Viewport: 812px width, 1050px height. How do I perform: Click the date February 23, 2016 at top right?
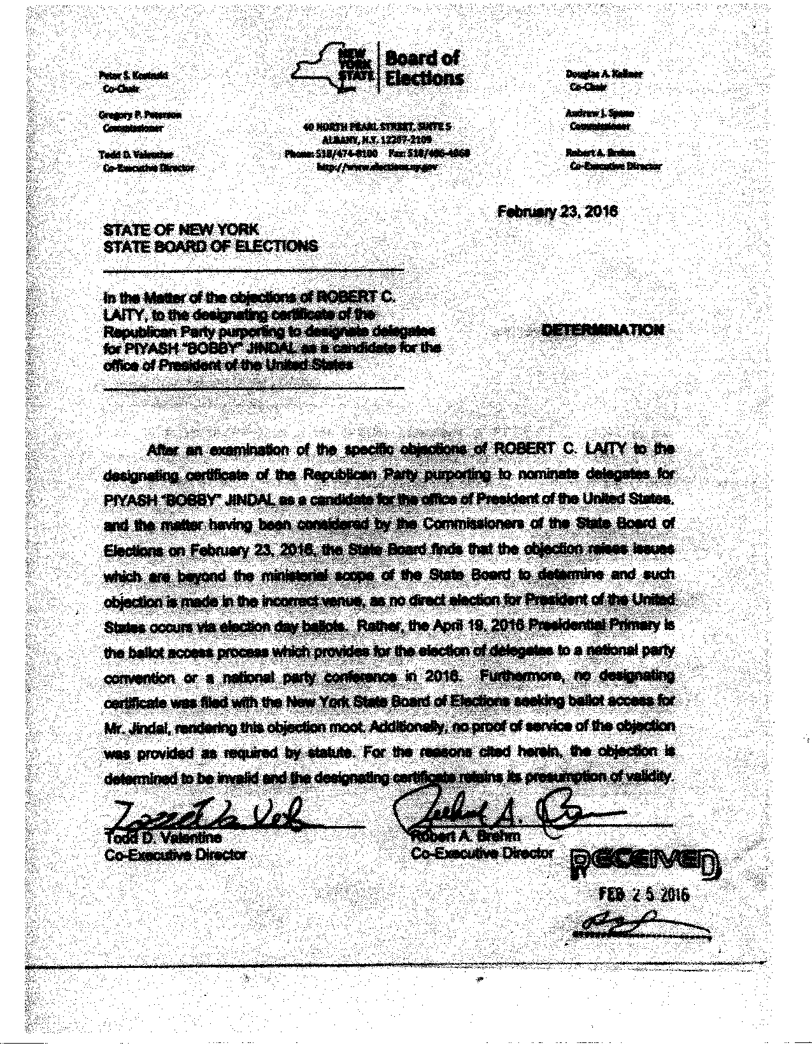click(x=557, y=211)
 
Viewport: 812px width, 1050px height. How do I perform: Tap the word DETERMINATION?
click(x=602, y=330)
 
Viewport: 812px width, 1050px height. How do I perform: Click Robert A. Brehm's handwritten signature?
click(x=503, y=810)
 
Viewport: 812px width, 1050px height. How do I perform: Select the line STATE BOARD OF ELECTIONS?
click(x=210, y=246)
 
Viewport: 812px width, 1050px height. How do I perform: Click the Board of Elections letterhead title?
click(x=423, y=68)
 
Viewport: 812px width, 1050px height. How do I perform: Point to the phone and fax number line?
click(x=378, y=153)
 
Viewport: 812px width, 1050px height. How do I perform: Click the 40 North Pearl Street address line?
click(x=378, y=127)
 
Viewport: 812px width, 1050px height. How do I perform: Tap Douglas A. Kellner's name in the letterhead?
click(x=604, y=74)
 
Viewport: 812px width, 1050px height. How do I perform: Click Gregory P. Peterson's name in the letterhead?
click(x=139, y=115)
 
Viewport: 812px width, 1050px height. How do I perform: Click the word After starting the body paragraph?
click(x=162, y=450)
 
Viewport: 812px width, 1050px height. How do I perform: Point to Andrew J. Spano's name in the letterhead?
click(x=599, y=113)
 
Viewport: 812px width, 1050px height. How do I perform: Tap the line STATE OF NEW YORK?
click(x=182, y=230)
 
